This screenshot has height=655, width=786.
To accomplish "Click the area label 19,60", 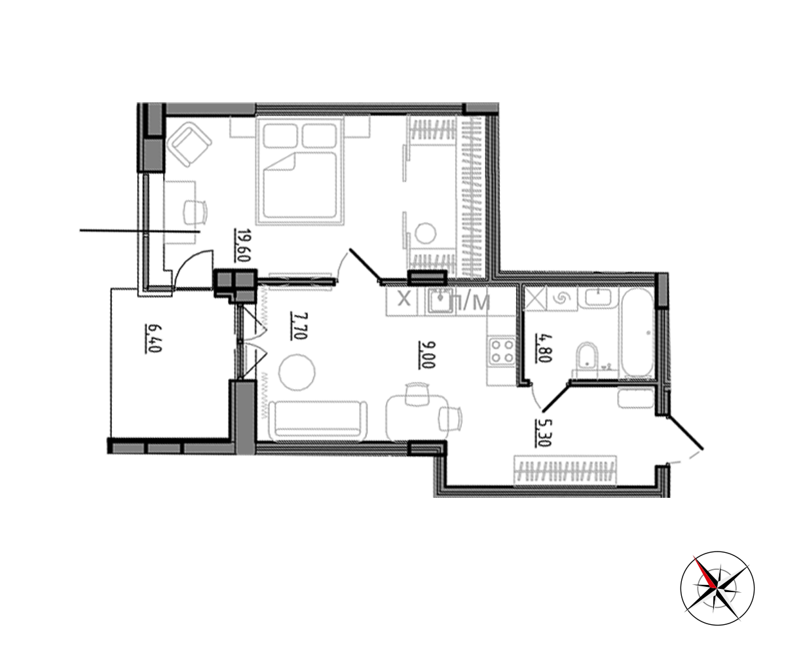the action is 242,245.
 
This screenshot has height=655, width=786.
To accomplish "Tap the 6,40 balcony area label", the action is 153,339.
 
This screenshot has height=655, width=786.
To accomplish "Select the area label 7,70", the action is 299,326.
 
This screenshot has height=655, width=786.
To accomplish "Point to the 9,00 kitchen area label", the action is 426,355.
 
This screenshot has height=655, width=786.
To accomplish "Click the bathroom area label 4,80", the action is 543,348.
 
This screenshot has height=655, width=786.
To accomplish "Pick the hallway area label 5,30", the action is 543,433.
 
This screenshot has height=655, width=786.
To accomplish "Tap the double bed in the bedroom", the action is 299,171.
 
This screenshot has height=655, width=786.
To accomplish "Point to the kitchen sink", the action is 439,301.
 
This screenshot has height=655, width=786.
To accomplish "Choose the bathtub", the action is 637,332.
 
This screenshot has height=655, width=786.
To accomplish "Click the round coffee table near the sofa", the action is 297,373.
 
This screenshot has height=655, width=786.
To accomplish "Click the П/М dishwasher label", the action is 470,302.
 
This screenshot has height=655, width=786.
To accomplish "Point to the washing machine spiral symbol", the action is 562,299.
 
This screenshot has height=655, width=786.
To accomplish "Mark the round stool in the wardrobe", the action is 425,233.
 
